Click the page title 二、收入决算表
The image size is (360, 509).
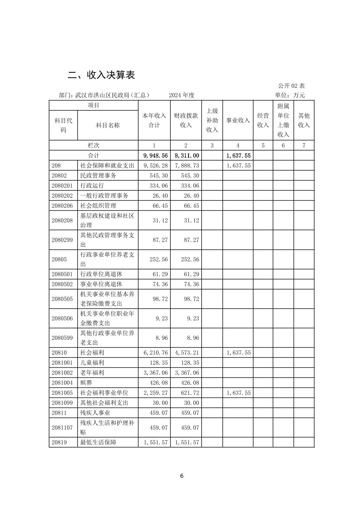tap(101, 75)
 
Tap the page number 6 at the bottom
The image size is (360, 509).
tap(182, 476)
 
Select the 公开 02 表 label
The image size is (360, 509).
tap(291, 86)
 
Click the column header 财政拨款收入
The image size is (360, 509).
tap(186, 120)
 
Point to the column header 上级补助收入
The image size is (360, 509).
tap(212, 120)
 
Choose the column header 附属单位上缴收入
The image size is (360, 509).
tap(283, 120)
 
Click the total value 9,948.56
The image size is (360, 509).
tap(155, 155)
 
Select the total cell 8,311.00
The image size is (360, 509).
tap(187, 155)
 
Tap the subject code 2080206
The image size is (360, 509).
tap(62, 205)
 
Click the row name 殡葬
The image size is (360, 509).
tap(86, 382)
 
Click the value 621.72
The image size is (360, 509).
tap(190, 392)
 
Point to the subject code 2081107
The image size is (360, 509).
tap(62, 427)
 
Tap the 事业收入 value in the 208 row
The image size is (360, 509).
tap(238, 165)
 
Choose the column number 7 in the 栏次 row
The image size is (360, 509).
tap(304, 145)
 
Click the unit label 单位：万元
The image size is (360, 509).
tap(290, 95)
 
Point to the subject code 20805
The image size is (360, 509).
tap(59, 259)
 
